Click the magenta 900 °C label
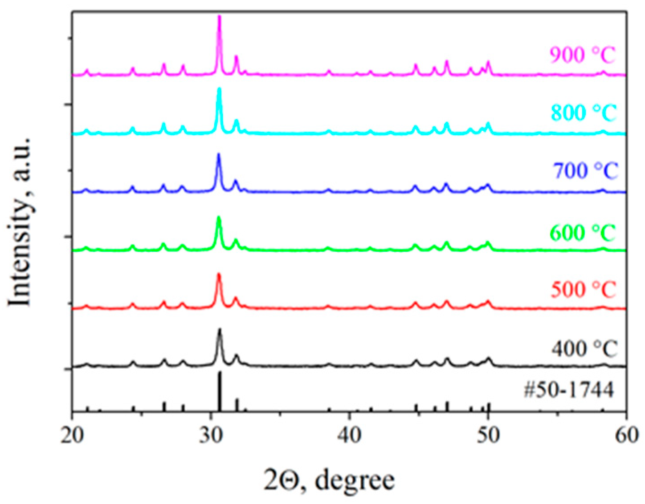582,56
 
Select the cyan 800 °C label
584,113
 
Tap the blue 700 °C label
586,170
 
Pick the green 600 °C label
583,233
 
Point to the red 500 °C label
584,290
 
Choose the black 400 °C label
584,348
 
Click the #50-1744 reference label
568,390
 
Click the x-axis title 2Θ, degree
329,481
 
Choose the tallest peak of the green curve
219,218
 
